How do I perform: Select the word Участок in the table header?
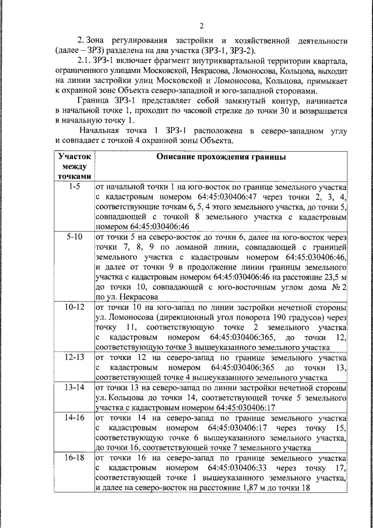tap(73, 157)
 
